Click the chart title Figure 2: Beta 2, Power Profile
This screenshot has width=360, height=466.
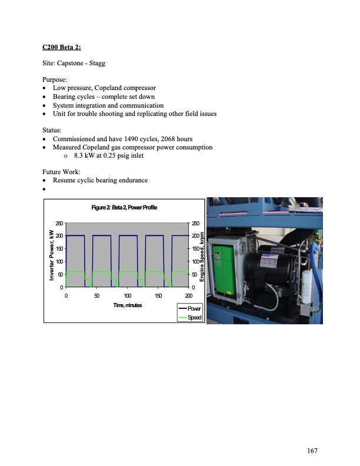click(x=125, y=208)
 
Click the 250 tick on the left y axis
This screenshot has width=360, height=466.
click(x=59, y=224)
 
